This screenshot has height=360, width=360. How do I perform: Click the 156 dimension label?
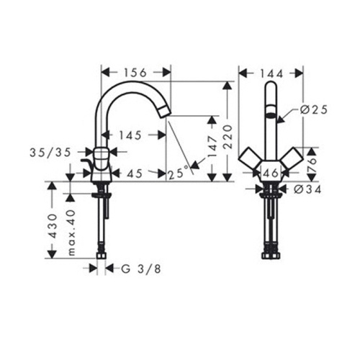click(135, 73)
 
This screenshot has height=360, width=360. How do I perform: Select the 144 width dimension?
click(272, 73)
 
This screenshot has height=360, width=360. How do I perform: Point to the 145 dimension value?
click(130, 135)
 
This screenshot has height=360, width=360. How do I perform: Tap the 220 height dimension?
click(228, 137)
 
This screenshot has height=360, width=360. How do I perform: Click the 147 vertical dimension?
click(212, 146)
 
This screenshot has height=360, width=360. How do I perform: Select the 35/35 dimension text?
click(50, 152)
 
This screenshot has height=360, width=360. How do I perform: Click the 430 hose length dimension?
click(53, 226)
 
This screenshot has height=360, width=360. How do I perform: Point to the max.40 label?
click(71, 233)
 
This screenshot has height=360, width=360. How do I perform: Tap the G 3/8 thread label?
click(141, 269)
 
